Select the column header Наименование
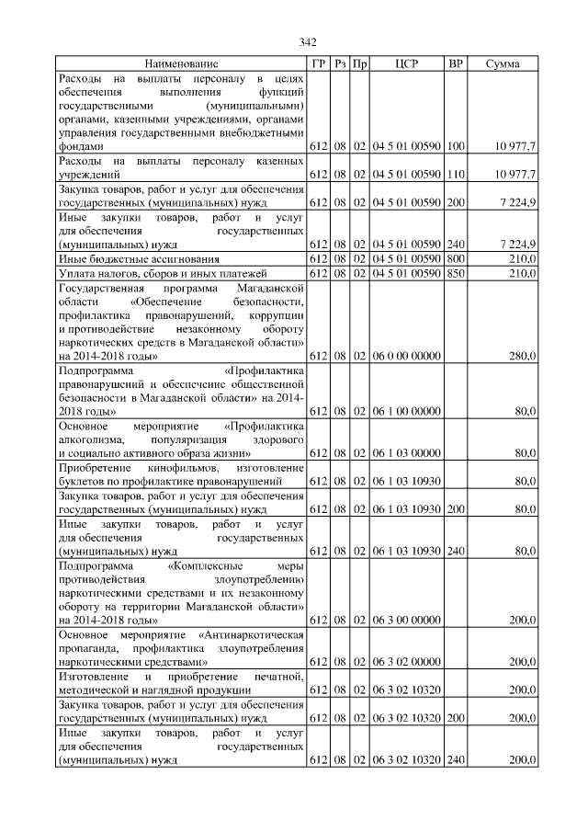pos(182,64)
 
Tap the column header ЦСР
pos(406,64)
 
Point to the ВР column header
pos(455,64)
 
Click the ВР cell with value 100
pos(456,147)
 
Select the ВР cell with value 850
pos(456,274)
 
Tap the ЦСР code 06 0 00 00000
pos(406,356)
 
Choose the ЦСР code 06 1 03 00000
pos(406,453)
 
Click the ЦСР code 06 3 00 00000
pos(406,621)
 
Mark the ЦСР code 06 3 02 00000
pos(406,662)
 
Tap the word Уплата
pos(76,274)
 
